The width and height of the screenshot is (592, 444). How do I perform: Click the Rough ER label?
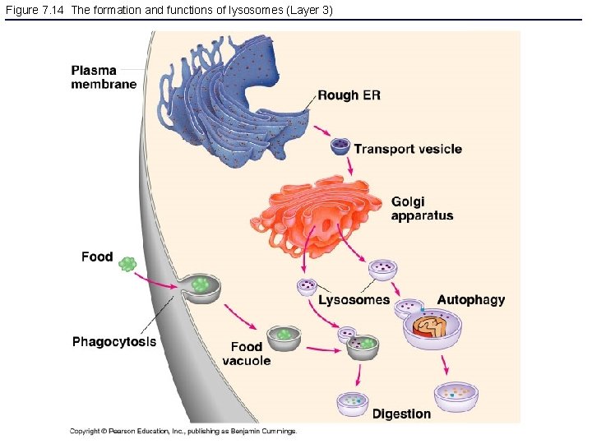point(349,95)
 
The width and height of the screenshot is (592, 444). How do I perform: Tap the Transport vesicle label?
point(407,149)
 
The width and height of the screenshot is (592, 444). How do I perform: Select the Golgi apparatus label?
point(422,209)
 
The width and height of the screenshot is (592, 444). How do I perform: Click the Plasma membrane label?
point(104,76)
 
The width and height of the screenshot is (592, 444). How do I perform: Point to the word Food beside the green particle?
point(97,257)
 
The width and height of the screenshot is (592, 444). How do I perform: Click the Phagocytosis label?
point(114,341)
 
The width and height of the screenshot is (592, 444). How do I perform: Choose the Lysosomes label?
point(354,300)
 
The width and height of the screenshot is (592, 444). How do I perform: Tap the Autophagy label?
point(470,300)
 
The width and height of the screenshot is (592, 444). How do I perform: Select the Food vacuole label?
point(247,354)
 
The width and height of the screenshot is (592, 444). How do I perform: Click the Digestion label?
point(401,414)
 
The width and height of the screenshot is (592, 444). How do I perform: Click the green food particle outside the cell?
point(127,264)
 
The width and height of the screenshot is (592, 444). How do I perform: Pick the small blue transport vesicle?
point(340,147)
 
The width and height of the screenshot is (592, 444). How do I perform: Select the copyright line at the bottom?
point(183,431)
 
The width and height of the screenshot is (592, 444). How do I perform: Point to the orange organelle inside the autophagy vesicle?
point(431,329)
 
